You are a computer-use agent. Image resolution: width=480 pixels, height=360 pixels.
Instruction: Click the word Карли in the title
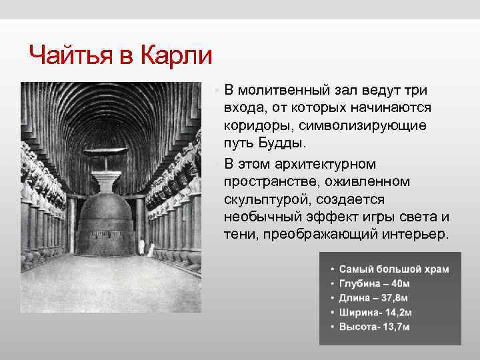click(x=176, y=55)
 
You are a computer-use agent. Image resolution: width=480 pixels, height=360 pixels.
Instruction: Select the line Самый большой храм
click(x=394, y=269)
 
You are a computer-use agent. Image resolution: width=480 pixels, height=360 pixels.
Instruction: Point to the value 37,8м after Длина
click(x=395, y=298)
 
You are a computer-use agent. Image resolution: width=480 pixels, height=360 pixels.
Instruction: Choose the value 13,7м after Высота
click(x=395, y=327)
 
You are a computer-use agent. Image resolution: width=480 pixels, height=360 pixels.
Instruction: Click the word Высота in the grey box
click(x=357, y=327)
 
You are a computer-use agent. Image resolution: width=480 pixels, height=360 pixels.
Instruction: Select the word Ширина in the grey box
click(x=359, y=313)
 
